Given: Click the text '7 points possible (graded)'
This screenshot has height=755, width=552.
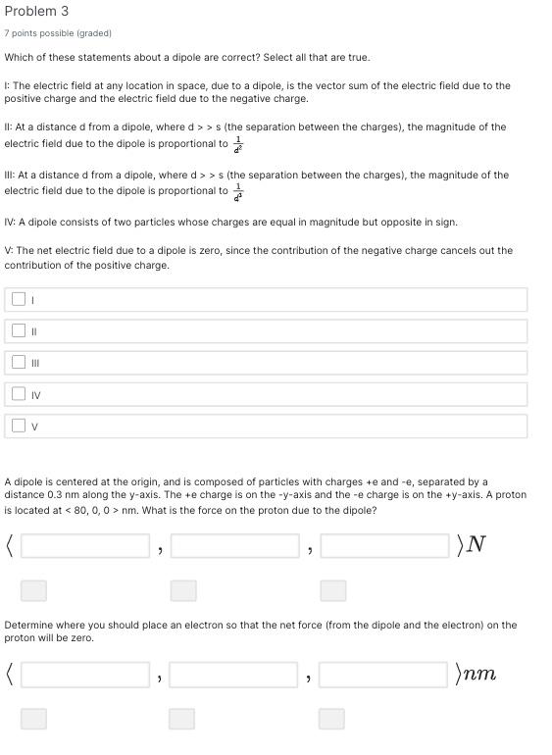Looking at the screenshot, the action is pos(58,33).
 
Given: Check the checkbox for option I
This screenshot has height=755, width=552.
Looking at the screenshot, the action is pos(19,299).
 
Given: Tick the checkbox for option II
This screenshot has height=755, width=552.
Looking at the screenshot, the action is pos(19,331).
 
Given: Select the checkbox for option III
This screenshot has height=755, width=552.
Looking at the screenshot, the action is pos(19,363).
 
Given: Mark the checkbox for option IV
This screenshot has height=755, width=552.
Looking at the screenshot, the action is pos(19,394).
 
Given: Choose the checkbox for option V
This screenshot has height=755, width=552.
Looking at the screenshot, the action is pos(19,426).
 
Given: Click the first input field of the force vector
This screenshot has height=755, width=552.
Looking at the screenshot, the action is pos(85,545).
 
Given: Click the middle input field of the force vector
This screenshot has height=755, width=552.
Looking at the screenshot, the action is pos(234,545).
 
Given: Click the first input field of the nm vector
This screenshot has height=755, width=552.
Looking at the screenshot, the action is pos(85,675).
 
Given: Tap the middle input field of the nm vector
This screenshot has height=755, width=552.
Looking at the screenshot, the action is pos(233,675).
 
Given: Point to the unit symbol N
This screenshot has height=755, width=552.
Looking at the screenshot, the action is pos(477,545).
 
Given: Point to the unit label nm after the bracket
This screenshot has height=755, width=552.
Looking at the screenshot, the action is pos(480,675).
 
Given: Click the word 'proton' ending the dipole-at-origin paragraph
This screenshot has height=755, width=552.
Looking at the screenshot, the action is pos(511,495).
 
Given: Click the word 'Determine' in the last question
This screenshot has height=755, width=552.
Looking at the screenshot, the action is pos(29,625).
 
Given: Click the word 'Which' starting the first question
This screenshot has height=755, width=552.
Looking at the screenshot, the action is pos(19,58).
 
